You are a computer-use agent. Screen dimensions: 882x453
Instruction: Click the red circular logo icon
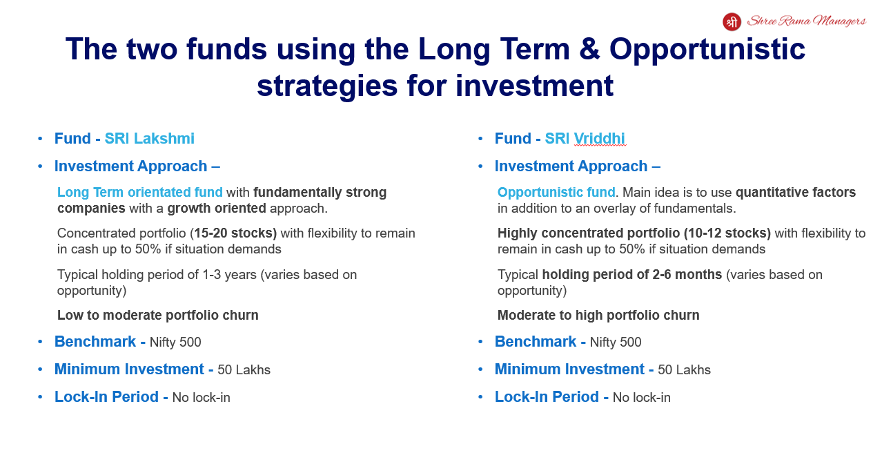point(732,21)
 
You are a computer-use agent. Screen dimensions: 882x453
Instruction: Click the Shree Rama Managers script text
point(806,21)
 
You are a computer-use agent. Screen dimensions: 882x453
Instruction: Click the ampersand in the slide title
point(589,49)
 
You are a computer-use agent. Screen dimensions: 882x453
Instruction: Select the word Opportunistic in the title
point(707,50)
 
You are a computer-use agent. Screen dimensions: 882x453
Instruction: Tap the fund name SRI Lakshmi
point(150,139)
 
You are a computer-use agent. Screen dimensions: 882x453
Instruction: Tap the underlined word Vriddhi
point(599,139)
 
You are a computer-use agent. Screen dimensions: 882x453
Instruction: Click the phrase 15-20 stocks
point(233,233)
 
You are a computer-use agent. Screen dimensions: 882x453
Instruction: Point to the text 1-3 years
point(229,275)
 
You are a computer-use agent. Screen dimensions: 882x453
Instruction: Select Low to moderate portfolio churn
point(158,315)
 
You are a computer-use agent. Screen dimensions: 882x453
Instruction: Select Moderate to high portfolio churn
point(598,315)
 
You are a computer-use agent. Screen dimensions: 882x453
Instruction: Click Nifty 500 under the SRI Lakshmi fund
point(175,342)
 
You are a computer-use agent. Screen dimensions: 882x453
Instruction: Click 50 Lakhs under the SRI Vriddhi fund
point(685,370)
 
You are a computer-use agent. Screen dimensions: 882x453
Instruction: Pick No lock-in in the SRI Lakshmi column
point(202,398)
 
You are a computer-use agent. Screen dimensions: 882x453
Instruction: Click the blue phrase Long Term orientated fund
point(140,192)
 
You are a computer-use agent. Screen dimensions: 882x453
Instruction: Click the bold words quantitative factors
point(796,192)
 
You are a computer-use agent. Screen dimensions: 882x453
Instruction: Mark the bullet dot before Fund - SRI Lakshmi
point(40,139)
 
